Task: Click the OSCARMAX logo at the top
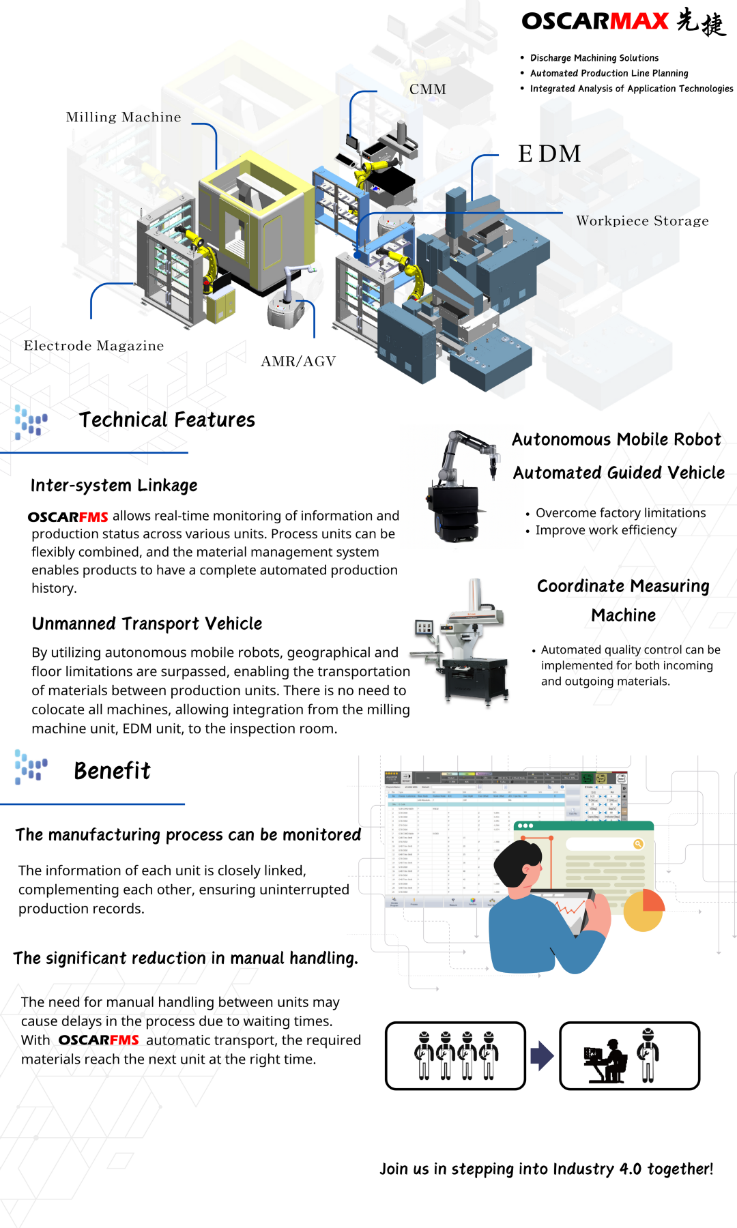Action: (622, 22)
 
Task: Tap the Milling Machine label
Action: (124, 117)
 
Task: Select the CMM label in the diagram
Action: (428, 89)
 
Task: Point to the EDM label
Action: (549, 153)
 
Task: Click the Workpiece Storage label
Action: (642, 221)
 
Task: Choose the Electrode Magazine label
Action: (93, 346)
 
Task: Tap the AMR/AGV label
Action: (298, 362)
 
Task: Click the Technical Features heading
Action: (167, 420)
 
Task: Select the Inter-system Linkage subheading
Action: (114, 486)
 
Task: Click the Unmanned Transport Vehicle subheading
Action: (147, 624)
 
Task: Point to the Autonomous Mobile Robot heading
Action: (616, 440)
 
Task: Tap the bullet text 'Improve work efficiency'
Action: (606, 531)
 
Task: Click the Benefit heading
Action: (112, 771)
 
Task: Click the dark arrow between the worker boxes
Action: (542, 1055)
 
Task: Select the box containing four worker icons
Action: (455, 1055)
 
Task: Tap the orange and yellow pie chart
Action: (644, 910)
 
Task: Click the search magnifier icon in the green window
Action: (638, 844)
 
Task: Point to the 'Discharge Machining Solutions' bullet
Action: (594, 58)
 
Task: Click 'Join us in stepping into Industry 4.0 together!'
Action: (546, 1169)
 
